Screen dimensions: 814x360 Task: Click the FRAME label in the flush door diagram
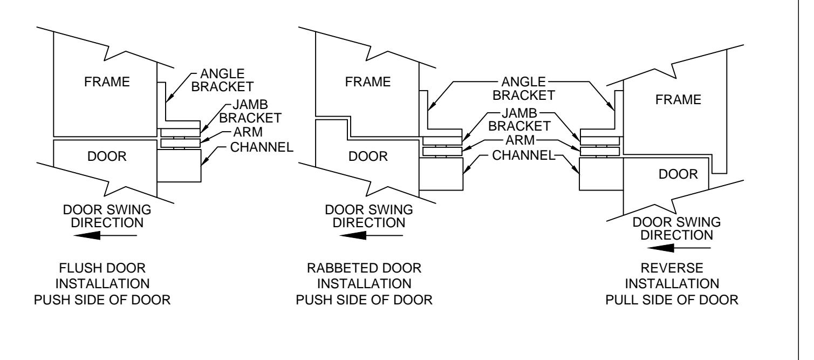[x=107, y=82]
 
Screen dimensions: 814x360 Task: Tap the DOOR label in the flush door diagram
[x=107, y=157]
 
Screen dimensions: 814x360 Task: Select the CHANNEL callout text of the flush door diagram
[x=262, y=147]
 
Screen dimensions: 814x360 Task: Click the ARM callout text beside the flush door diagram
[x=248, y=132]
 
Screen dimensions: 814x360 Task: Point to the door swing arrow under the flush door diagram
[x=105, y=235]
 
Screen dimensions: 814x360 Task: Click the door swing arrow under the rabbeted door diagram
[x=371, y=235]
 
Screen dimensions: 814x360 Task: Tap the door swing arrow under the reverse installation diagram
[x=679, y=248]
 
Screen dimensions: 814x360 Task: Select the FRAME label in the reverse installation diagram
[x=678, y=100]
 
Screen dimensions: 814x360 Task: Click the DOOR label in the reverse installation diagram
[x=678, y=174]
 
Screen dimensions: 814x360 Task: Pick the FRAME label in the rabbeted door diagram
[x=368, y=82]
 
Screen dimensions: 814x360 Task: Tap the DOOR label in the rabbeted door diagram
[x=368, y=157]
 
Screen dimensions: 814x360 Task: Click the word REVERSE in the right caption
[x=672, y=268]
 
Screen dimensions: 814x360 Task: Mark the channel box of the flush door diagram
[x=179, y=166]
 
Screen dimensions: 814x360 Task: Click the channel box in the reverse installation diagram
[x=601, y=174]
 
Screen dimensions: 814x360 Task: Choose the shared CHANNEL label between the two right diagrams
[x=524, y=155]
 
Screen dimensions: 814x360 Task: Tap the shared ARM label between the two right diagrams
[x=520, y=140]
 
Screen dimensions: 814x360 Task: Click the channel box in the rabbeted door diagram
[x=441, y=174]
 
